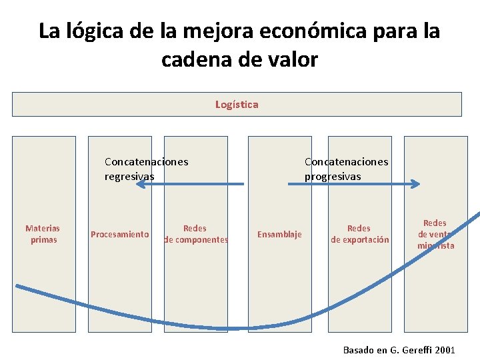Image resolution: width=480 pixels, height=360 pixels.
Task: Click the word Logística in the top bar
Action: [x=237, y=104]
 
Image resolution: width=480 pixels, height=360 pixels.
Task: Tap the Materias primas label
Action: [x=43, y=234]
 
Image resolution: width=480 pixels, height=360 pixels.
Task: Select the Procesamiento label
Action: [x=119, y=234]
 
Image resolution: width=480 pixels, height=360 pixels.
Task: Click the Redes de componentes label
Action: [x=195, y=234]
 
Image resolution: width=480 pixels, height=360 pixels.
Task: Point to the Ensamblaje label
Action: [x=279, y=234]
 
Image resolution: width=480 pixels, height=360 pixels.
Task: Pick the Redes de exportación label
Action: [x=359, y=234]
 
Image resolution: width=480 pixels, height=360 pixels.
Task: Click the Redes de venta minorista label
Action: [x=435, y=234]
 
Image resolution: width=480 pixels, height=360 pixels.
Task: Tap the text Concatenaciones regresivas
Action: [x=146, y=169]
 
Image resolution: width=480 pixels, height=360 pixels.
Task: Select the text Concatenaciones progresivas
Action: [x=346, y=169]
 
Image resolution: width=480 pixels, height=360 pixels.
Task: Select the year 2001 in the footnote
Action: [x=445, y=349]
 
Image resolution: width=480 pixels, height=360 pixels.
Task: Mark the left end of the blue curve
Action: [x=18, y=287]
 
